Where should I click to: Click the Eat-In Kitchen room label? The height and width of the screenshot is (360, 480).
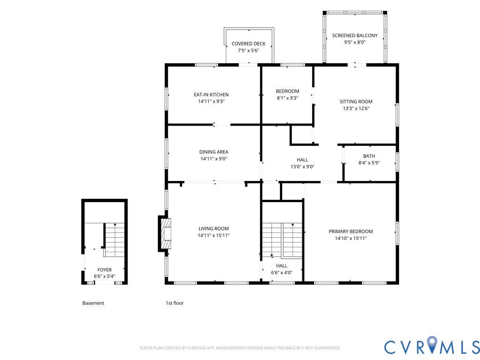coord(211,95)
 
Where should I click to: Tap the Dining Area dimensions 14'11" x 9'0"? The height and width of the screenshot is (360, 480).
coord(214,158)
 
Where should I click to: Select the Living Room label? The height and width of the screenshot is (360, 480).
coord(213,228)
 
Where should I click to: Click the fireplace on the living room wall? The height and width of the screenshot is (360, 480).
coord(164,234)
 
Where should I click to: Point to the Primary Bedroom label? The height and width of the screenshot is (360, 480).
coord(351,232)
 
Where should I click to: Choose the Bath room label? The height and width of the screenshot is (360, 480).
coord(369,156)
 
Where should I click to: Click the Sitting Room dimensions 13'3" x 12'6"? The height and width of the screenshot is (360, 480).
coord(356,108)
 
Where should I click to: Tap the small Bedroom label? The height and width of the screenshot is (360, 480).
coord(287,91)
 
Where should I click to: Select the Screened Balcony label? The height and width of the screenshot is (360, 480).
coord(355,36)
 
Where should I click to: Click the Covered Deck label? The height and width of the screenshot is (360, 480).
coord(248,44)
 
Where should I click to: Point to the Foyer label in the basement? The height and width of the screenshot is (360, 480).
coord(105,270)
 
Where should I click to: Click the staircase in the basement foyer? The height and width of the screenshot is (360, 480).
coord(114,240)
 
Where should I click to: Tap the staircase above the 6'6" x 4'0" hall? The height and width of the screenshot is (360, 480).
coord(282,240)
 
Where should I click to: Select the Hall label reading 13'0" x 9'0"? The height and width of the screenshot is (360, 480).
coord(302,160)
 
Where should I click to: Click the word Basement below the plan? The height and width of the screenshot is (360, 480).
coord(93,303)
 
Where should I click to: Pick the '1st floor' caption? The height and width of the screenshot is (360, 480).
coord(175,303)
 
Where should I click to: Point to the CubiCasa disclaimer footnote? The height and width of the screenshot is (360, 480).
coord(240,348)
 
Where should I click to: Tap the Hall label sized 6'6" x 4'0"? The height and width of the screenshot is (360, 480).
coord(282,266)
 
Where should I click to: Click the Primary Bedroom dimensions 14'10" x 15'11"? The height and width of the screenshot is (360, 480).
coord(351,238)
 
